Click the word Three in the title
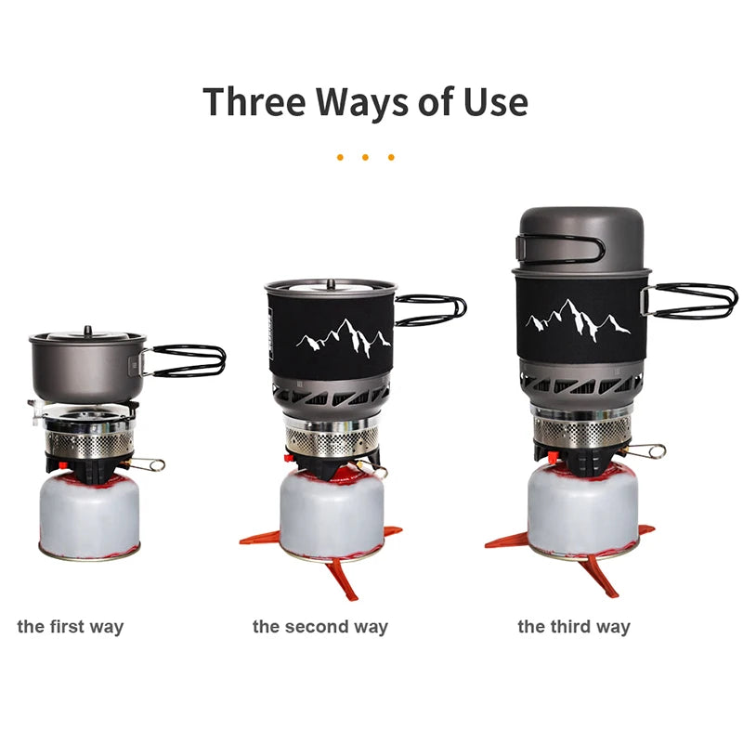point(254,101)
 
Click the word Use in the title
point(495,101)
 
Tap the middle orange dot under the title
point(365,157)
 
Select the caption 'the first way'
point(70,627)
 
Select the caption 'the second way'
point(319,627)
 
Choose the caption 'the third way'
point(573,627)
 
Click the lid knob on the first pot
point(87,330)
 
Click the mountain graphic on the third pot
point(577,320)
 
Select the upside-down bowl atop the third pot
point(580,237)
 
